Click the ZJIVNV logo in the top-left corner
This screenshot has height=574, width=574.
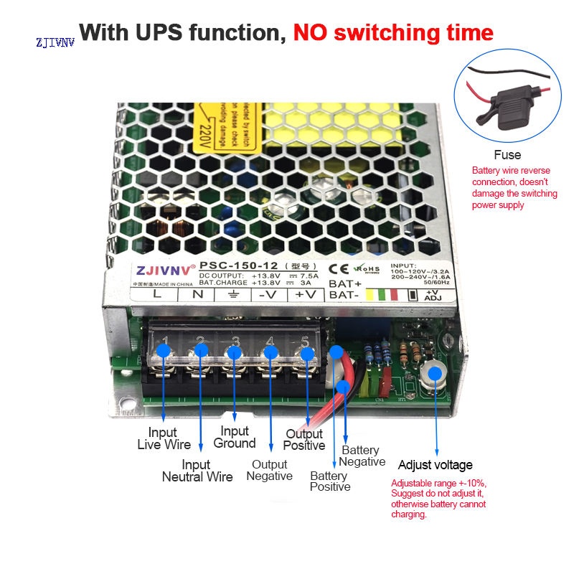[55, 42]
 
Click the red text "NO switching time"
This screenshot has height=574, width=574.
[392, 32]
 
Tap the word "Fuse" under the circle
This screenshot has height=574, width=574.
[507, 155]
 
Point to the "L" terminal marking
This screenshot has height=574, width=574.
[156, 293]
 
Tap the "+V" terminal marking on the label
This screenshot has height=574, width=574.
[304, 293]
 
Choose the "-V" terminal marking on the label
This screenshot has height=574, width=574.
[268, 293]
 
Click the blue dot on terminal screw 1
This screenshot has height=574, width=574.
[164, 350]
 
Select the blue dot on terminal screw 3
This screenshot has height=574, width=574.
[234, 352]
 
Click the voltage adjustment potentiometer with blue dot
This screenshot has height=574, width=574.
[435, 372]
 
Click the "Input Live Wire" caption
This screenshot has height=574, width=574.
[164, 438]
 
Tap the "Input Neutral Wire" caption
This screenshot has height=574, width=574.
[197, 471]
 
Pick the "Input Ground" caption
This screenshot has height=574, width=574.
[235, 437]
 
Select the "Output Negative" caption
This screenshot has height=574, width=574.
[269, 470]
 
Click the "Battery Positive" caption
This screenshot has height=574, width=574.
[330, 481]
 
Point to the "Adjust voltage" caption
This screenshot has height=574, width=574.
[435, 465]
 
